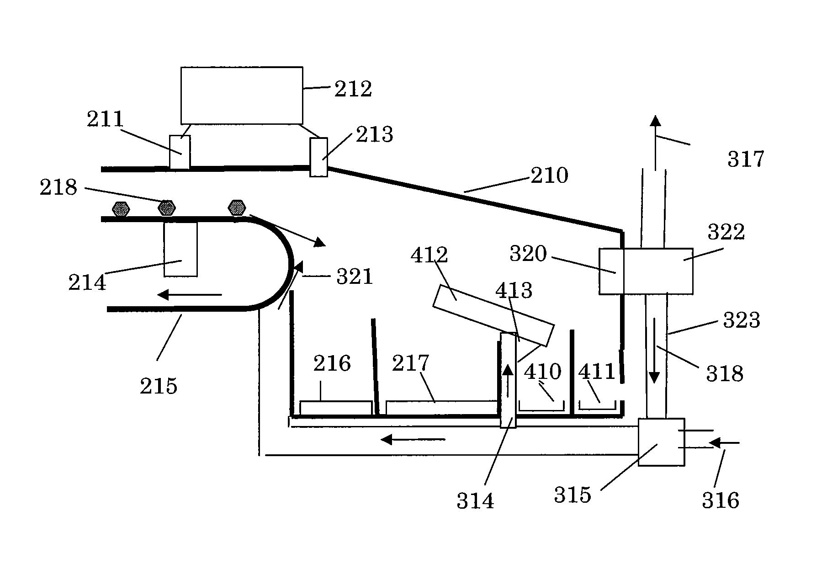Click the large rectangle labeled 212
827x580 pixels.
(x=241, y=95)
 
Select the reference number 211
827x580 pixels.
(x=106, y=119)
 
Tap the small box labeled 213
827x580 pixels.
(x=318, y=157)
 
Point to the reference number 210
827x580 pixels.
(x=549, y=175)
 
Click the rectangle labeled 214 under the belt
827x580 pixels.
(x=180, y=249)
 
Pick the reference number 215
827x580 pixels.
(x=159, y=386)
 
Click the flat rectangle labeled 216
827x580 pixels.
(x=336, y=408)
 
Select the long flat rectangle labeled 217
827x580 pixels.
(x=441, y=408)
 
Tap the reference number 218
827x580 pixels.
(x=58, y=187)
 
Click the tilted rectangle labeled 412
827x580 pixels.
(x=493, y=315)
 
